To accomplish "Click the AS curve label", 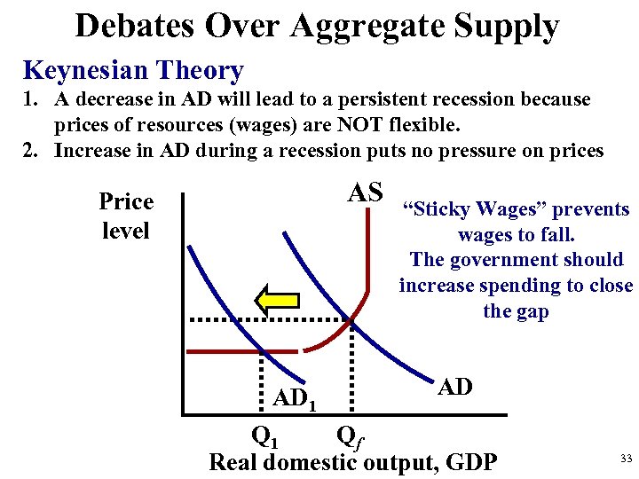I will click(364, 192).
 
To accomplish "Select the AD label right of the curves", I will click(455, 387).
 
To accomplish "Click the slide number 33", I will click(626, 459).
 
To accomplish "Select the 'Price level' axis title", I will click(126, 216).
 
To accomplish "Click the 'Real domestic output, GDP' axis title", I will click(353, 462).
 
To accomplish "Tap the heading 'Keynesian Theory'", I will click(133, 70).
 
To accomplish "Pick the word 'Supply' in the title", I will click(507, 26).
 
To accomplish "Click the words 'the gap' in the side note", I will click(516, 311).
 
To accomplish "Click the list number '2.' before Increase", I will click(34, 150).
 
